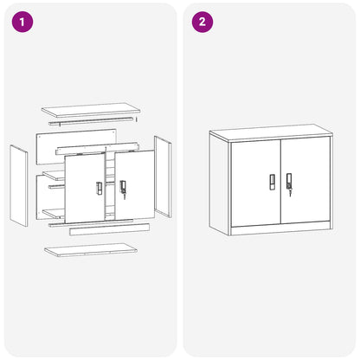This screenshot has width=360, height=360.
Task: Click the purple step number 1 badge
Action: [22, 22]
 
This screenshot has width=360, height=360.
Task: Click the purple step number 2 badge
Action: [202, 22]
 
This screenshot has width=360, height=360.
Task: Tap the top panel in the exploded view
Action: [91, 110]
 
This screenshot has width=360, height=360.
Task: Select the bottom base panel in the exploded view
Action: [91, 250]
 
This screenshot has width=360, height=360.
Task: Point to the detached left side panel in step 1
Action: [19, 185]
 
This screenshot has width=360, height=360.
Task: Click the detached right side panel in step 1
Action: [163, 177]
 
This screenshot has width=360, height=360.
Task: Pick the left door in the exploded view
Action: [85, 188]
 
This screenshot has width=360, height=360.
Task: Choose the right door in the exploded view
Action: [134, 184]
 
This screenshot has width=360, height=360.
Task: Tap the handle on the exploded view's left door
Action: [99, 189]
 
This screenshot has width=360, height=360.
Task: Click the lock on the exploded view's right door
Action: [123, 189]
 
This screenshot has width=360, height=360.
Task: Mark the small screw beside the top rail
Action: [136, 119]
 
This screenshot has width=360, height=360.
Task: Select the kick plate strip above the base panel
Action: [109, 229]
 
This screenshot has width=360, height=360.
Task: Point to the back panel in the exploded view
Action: [76, 147]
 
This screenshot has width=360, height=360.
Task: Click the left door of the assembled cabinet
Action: [256, 183]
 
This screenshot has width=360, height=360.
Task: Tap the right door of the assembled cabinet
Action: [305, 180]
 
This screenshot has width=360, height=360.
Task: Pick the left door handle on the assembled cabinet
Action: [272, 182]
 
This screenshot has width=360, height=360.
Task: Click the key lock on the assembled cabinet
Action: [289, 183]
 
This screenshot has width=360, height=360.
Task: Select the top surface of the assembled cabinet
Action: [271, 132]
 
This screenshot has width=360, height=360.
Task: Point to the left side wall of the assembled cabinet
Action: [220, 184]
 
